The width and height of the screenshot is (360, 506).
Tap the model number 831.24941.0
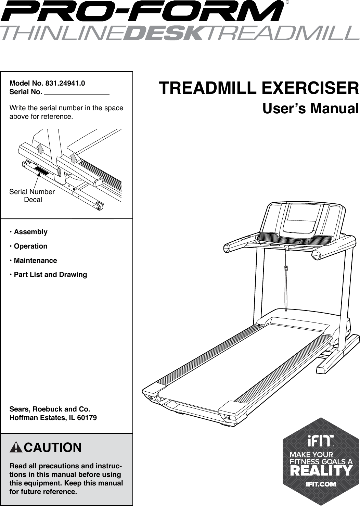[65, 83]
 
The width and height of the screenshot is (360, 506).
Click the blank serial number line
[77, 94]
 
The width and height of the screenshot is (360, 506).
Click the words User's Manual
[310, 109]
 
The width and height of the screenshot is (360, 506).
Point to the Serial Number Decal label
[32, 195]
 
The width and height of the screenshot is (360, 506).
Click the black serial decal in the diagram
[41, 170]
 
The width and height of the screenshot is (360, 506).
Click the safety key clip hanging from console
[286, 268]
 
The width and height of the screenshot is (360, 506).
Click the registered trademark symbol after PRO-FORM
[287, 2]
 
